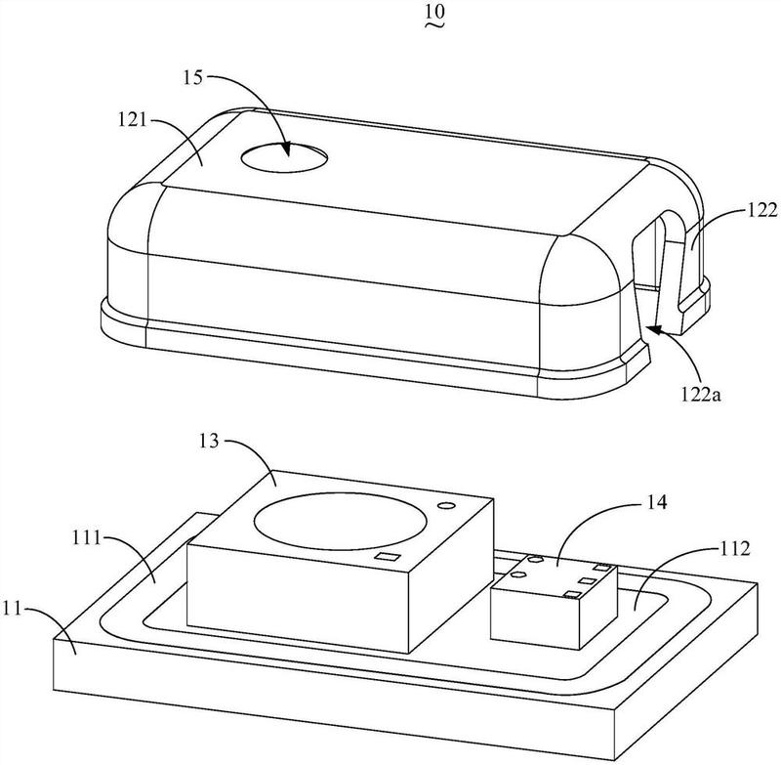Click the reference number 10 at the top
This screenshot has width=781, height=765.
[435, 11]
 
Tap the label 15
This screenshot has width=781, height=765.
[192, 78]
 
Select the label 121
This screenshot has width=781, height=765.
[133, 120]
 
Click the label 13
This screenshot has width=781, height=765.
[209, 441]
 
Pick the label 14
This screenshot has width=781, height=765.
[656, 502]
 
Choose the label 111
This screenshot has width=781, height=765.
[87, 537]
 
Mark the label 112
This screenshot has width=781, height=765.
[735, 549]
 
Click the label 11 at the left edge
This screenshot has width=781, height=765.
[13, 609]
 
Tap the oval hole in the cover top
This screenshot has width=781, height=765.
[284, 157]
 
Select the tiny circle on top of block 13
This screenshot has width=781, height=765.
[446, 506]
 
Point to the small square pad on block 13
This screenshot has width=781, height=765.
[389, 557]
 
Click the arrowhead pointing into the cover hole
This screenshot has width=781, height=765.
[286, 149]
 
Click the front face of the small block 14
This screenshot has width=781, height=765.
[535, 618]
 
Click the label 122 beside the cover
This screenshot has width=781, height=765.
[762, 210]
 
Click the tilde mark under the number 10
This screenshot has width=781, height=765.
[434, 23]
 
